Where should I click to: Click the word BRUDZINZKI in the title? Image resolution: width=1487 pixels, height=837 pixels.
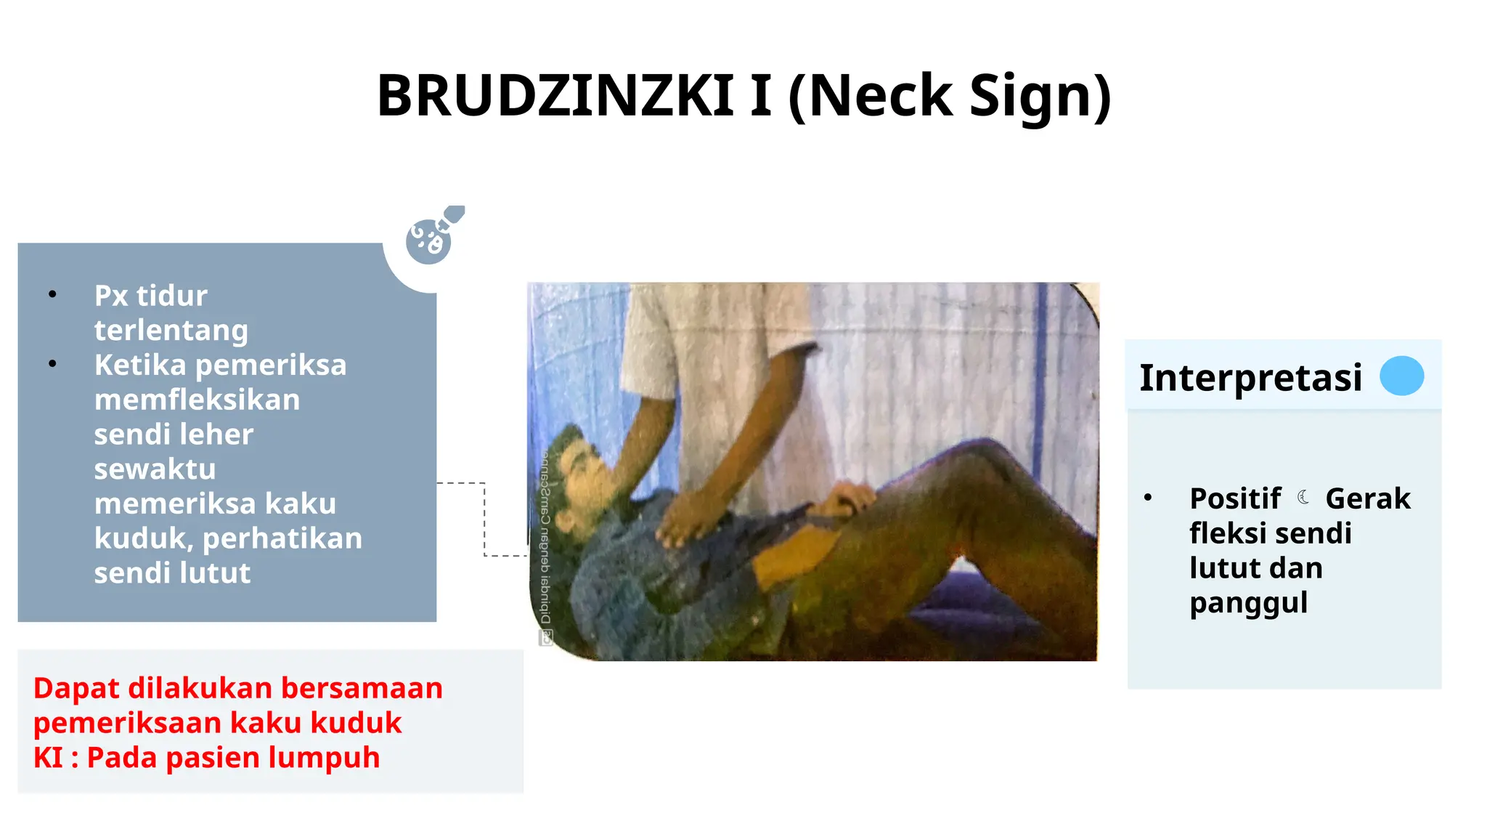tap(555, 96)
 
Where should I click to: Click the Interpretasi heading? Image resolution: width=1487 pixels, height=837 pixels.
tap(1250, 377)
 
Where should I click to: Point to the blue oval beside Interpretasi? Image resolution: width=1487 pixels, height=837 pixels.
tap(1401, 376)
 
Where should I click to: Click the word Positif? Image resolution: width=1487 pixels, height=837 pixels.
tap(1235, 498)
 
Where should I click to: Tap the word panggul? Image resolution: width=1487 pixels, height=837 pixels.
tap(1248, 603)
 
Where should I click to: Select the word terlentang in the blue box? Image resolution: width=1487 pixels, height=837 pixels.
tap(171, 331)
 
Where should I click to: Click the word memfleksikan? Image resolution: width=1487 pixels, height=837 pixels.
tap(197, 400)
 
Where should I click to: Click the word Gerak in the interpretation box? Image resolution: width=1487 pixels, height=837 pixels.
tap(1367, 498)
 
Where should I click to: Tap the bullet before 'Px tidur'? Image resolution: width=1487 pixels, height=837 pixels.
tap(52, 294)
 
